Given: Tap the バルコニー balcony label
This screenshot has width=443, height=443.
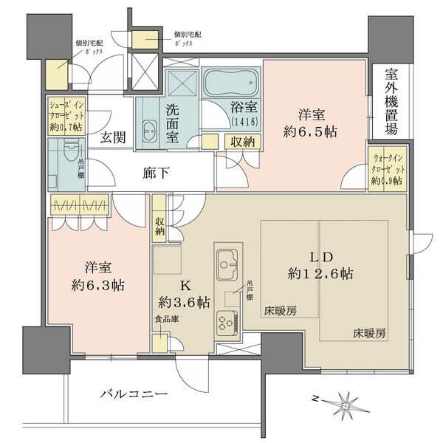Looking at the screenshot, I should pos(134,394).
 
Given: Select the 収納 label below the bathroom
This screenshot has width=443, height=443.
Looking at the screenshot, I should pos(241,142).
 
